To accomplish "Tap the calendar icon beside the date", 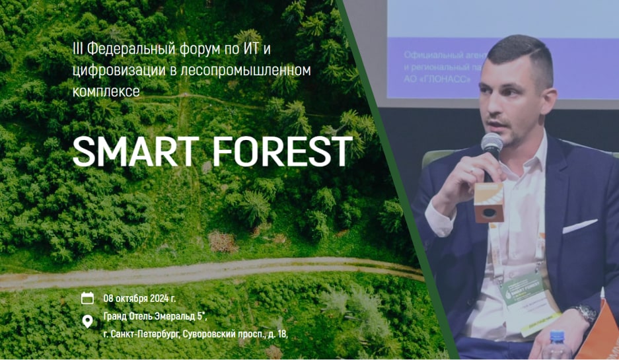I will [x=87, y=298].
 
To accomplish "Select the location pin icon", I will [x=87, y=322].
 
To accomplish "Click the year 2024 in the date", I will [x=160, y=298].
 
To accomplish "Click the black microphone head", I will [x=492, y=144].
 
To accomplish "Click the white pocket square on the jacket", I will [x=579, y=226].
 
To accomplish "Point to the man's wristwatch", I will [x=585, y=315].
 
